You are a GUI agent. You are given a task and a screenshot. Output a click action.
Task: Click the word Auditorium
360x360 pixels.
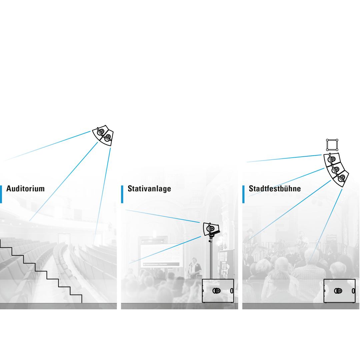click(x=25, y=189)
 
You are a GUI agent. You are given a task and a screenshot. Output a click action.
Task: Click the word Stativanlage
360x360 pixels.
click(x=149, y=189)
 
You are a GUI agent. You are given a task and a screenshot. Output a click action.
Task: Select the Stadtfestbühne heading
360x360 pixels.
click(x=275, y=189)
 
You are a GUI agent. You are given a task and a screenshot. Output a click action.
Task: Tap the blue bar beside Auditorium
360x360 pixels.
click(x=1, y=194)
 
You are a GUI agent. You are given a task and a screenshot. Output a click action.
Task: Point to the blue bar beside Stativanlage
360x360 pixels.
click(x=122, y=194)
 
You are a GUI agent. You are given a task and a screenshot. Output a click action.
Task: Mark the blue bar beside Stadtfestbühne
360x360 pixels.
click(x=243, y=194)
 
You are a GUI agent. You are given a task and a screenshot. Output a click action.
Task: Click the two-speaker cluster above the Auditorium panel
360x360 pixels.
click(x=103, y=135)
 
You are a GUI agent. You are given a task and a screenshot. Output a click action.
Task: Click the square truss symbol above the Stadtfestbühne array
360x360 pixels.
click(x=332, y=145)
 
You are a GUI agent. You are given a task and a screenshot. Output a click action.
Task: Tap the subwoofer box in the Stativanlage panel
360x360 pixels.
click(x=218, y=291)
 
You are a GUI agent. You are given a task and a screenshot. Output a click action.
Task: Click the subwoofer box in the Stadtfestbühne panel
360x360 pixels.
click(x=339, y=291)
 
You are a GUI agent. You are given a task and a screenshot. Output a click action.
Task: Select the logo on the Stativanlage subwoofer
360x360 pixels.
click(x=217, y=291)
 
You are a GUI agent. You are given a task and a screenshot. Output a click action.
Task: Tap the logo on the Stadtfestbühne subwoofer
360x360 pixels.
click(x=338, y=291)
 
